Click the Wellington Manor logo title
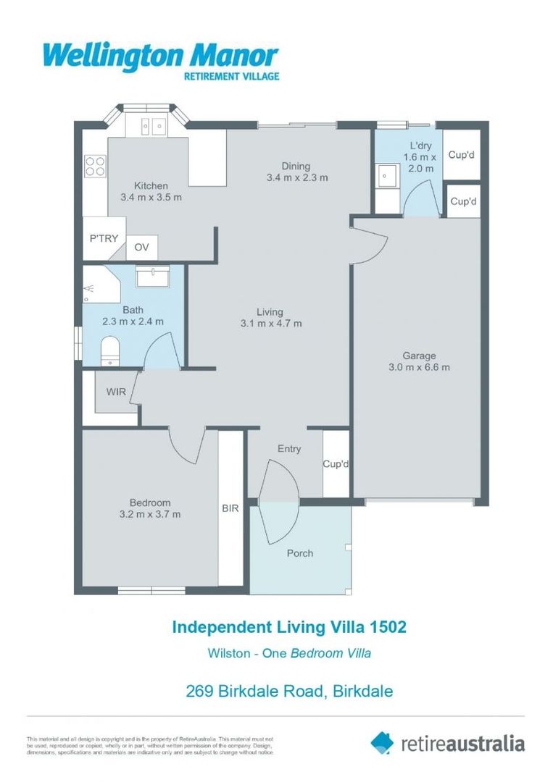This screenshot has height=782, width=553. pyautogui.click(x=160, y=56)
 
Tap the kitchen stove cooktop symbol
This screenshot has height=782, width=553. pyautogui.click(x=95, y=166)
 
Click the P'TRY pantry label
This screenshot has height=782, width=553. pyautogui.click(x=104, y=238)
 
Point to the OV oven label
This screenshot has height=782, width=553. pyautogui.click(x=142, y=248)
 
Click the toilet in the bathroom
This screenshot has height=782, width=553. pyautogui.click(x=109, y=350)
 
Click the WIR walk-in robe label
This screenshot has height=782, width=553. pyautogui.click(x=116, y=392)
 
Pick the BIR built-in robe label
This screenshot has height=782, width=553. pyautogui.click(x=230, y=508)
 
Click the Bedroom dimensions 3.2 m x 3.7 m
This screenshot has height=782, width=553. pyautogui.click(x=150, y=514)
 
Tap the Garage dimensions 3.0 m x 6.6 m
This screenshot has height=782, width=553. pyautogui.click(x=419, y=366)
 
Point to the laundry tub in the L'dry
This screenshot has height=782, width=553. pyautogui.click(x=387, y=176)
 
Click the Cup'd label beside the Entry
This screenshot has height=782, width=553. pyautogui.click(x=336, y=463)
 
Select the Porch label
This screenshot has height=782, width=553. pyautogui.click(x=299, y=553)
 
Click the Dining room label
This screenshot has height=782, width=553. pyautogui.click(x=297, y=166)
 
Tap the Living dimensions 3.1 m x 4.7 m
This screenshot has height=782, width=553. pyautogui.click(x=270, y=323)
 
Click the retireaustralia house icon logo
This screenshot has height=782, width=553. pyautogui.click(x=382, y=742)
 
